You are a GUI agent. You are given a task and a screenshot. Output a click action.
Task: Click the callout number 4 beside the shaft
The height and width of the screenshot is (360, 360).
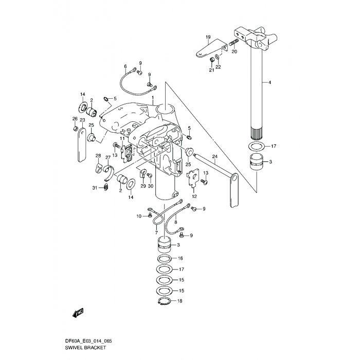(269, 82)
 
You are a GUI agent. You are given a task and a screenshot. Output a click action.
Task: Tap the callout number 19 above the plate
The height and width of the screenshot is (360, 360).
(208, 37)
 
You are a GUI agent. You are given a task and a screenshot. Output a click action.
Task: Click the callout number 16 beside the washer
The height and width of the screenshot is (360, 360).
(181, 258)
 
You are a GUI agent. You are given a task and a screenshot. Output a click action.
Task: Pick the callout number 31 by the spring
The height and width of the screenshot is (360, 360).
(95, 188)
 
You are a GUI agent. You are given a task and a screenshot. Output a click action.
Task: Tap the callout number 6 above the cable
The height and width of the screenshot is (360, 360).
(125, 66)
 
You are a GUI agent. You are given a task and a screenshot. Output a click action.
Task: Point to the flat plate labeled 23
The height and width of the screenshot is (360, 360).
(80, 147)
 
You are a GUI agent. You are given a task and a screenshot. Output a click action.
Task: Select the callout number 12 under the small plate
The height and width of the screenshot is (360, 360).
(194, 196)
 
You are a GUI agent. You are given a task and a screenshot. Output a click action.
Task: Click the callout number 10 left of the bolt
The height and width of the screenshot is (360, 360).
(138, 217)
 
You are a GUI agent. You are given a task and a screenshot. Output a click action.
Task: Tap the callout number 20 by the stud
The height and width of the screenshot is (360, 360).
(234, 52)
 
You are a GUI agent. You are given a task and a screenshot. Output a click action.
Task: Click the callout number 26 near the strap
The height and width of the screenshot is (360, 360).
(75, 119)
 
